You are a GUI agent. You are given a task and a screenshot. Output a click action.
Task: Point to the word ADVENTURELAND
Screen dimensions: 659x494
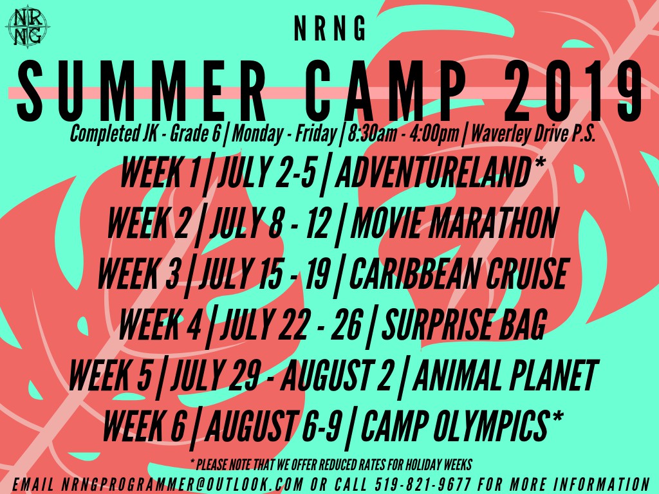point(433,172)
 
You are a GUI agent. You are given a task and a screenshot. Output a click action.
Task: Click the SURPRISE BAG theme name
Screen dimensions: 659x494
point(465,324)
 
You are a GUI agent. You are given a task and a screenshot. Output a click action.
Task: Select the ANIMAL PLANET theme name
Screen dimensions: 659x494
point(505,374)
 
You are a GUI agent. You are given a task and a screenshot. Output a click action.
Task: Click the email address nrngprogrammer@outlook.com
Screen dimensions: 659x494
point(183,484)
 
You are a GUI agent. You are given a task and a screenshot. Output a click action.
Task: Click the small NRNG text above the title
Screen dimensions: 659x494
point(329,28)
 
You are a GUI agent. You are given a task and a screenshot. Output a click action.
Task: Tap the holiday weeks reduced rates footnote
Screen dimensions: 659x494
point(331,464)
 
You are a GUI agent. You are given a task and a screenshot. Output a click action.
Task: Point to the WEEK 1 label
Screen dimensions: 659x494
point(160,172)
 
